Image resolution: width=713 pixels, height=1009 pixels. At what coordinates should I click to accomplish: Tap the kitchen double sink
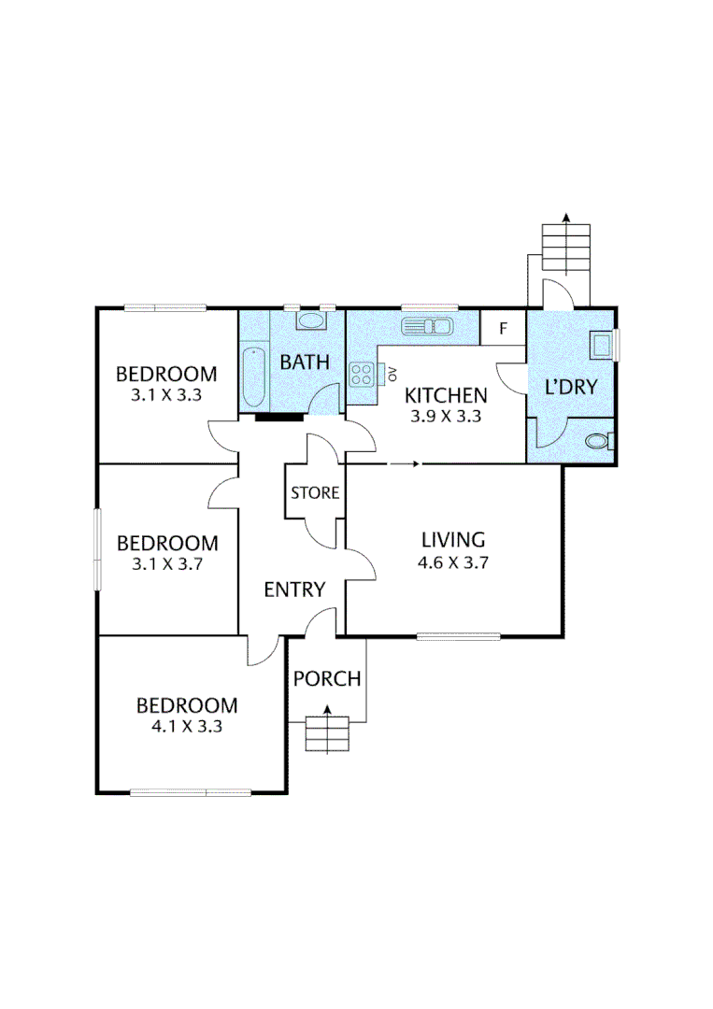428,326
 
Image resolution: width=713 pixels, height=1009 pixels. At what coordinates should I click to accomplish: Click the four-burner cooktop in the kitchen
362,376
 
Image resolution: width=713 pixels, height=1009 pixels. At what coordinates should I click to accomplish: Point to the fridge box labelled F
503,328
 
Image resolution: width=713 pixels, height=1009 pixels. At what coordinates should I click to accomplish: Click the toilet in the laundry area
598,440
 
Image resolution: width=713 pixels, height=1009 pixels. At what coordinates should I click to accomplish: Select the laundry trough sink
599,345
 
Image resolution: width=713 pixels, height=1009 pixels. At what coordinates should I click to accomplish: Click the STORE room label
315,492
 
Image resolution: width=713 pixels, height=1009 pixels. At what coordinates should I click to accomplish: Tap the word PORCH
327,678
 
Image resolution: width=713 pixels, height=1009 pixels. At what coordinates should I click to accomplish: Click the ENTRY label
294,590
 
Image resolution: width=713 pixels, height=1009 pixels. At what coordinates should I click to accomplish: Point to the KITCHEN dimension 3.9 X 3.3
445,417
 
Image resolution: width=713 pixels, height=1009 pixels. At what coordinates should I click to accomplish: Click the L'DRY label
571,387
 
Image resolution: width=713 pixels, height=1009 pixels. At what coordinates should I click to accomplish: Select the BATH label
306,362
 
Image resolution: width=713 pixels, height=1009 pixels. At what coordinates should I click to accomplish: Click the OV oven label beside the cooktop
392,375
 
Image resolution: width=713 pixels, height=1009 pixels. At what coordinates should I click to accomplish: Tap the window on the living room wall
458,637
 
